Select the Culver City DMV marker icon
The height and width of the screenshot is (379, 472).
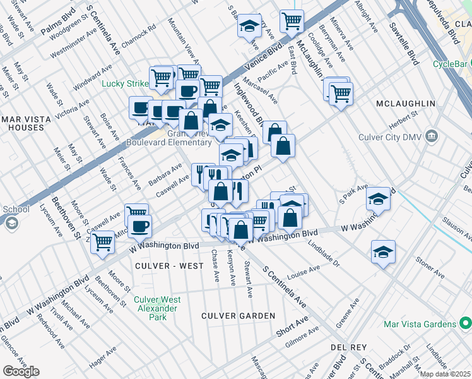pos(432,135)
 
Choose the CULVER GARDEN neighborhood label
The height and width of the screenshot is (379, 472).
pos(238,315)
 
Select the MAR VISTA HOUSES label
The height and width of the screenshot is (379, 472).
pos(23,123)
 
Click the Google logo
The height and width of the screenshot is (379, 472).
pos(21,371)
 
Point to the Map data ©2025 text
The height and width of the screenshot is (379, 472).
pos(445,374)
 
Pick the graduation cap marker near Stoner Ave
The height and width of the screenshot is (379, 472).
pos(383,251)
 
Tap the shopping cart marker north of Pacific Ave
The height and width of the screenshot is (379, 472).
pos(292,20)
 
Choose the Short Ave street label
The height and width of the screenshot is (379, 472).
pos(292,327)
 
